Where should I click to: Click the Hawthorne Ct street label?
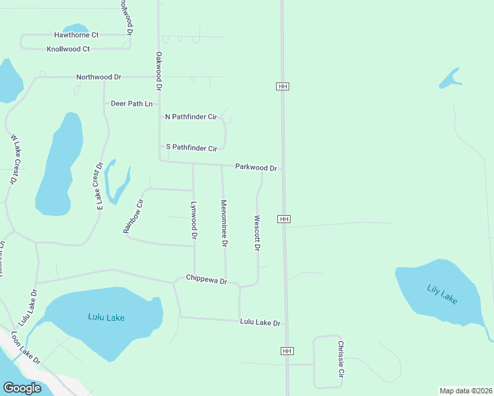76,35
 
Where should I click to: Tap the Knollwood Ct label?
68,49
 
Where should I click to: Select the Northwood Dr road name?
98,77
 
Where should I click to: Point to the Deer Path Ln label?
131,104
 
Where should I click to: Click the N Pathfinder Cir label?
191,117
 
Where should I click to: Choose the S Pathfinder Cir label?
191,148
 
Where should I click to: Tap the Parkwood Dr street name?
256,168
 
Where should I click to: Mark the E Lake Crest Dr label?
100,186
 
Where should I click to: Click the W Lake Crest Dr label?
14,160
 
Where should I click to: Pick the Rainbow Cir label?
133,216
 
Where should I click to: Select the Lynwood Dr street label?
194,220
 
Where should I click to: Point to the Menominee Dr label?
225,224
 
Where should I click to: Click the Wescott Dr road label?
258,233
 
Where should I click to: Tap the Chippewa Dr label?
206,280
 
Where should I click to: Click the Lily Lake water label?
442,294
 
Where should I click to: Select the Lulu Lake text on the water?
106,317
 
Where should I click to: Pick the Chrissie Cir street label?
341,358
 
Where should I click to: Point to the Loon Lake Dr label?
25,347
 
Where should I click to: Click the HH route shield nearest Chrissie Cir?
287,351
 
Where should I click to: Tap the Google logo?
22,388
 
